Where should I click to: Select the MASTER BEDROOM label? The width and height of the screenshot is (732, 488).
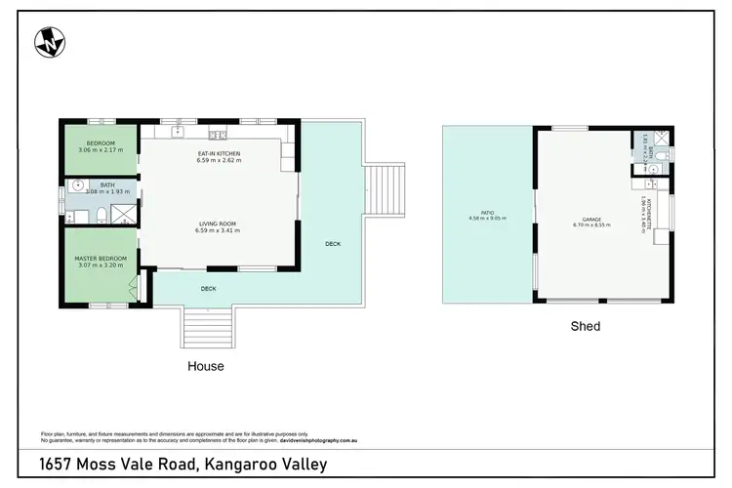pyautogui.click(x=102, y=261)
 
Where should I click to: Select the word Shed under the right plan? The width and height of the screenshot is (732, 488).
pyautogui.click(x=586, y=326)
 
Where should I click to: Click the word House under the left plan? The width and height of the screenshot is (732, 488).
pyautogui.click(x=206, y=367)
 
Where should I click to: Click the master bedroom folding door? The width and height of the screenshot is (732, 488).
pyautogui.click(x=136, y=287)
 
